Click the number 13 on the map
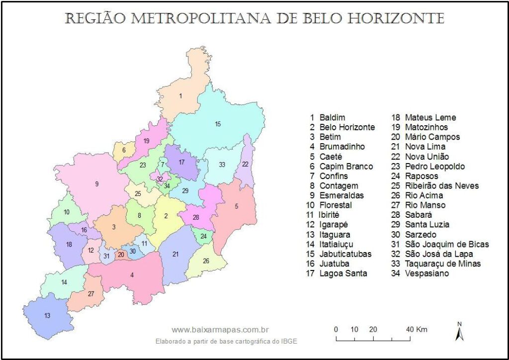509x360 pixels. (47, 316)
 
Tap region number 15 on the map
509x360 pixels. (218, 124)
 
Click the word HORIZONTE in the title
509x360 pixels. (396, 18)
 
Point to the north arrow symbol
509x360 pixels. (459, 332)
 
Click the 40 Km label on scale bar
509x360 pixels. (417, 329)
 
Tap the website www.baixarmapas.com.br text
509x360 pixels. (220, 330)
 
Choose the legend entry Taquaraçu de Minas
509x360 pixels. (443, 264)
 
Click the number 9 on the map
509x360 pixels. (97, 184)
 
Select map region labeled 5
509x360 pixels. (237, 206)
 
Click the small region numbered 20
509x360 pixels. (121, 255)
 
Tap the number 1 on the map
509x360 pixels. (180, 95)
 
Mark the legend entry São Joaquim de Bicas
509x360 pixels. (447, 244)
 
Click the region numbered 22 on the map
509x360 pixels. (246, 164)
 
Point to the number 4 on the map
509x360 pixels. (132, 275)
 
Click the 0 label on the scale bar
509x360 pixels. (336, 329)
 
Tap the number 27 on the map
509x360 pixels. (91, 293)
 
